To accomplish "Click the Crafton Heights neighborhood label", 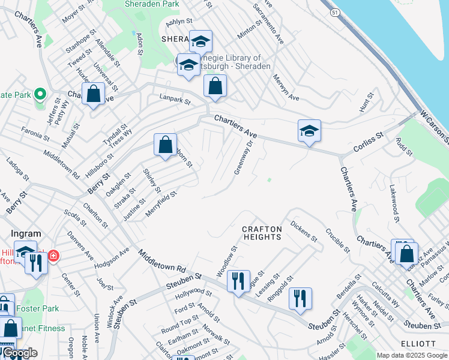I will [x=262, y=233].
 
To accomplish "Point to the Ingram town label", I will [x=26, y=233].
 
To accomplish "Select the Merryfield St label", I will [x=161, y=204].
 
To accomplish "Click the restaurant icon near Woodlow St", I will [x=238, y=281].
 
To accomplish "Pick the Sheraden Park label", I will [x=152, y=4].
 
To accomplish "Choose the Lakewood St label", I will [x=394, y=202].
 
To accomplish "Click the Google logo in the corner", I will [x=20, y=353].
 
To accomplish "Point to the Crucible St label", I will [x=337, y=239].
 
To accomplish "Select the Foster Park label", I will [x=38, y=308].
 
